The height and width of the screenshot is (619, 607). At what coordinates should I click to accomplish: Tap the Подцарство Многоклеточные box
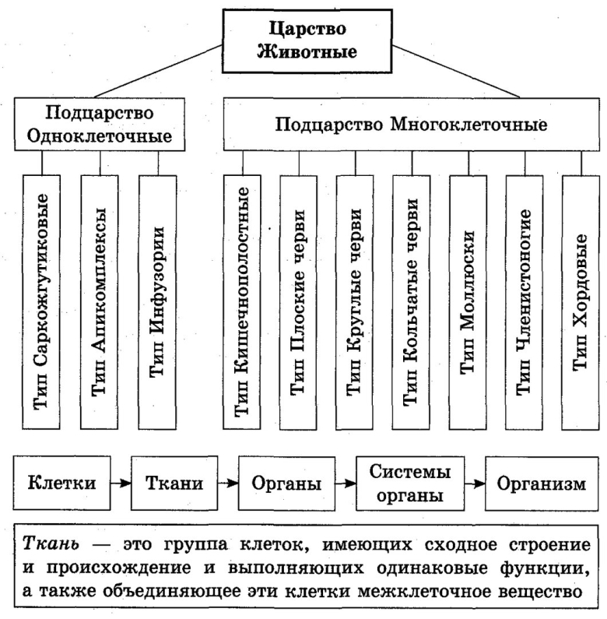tap(412, 124)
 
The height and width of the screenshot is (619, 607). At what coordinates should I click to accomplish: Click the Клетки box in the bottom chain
tap(61, 483)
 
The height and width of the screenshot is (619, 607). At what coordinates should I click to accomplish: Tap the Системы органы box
tap(405, 483)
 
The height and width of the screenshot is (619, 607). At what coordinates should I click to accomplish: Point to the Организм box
tap(545, 483)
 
